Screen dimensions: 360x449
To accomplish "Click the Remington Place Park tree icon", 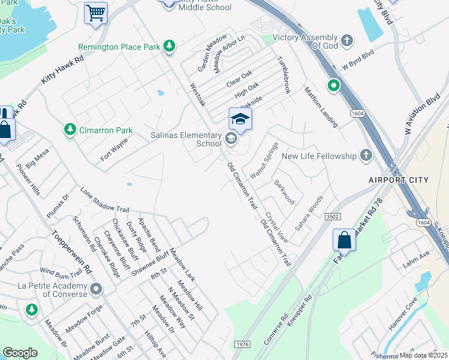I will pyautogui.click(x=170, y=46).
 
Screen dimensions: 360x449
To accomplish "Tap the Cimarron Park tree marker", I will pyautogui.click(x=70, y=130).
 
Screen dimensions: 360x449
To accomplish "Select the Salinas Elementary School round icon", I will pyautogui.click(x=231, y=140).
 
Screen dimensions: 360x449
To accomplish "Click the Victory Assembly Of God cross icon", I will pyautogui.click(x=347, y=41).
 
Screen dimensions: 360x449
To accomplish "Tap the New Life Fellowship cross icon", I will pyautogui.click(x=365, y=156).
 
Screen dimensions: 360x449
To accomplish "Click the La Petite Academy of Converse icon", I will pyautogui.click(x=95, y=291).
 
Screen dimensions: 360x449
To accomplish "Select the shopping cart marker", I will pyautogui.click(x=95, y=13).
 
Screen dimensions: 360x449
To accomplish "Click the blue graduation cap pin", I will pyautogui.click(x=240, y=119).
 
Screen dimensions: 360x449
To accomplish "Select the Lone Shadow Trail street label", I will pyautogui.click(x=105, y=202).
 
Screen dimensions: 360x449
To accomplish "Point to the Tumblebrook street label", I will pyautogui.click(x=283, y=76).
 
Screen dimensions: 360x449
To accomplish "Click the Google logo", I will pyautogui.click(x=20, y=353).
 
